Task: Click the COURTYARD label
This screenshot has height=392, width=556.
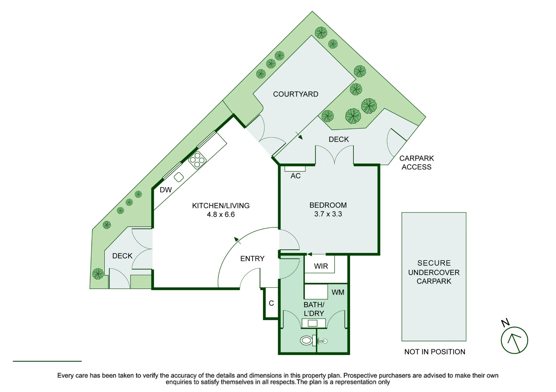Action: coord(296,94)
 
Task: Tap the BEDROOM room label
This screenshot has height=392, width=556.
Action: coord(328,205)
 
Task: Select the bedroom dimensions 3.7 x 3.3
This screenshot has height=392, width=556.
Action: coord(328,214)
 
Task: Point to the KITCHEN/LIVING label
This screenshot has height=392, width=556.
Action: coord(221,206)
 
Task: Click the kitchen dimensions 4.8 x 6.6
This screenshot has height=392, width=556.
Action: coord(221,215)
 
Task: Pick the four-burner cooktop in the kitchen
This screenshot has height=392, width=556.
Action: coord(197,160)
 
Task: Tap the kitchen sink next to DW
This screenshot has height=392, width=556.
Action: coord(179,177)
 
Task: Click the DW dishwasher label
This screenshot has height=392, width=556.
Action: coord(166,190)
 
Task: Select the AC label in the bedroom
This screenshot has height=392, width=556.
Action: coord(296,176)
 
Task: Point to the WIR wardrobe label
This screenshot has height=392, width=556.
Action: coord(321,266)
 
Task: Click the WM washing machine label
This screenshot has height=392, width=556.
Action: coord(338,292)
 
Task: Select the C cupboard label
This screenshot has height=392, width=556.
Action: coord(271,303)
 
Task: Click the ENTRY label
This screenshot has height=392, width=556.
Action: coord(252,259)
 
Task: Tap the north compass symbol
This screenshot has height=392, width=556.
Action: coord(514,340)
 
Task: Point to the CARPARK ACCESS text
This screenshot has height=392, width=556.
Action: coord(416,163)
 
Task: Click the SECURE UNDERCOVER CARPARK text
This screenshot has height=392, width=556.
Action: coord(434,272)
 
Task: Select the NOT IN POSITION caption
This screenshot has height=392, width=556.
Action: coord(435,352)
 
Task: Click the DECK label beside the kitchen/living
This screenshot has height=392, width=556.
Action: coord(122,256)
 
